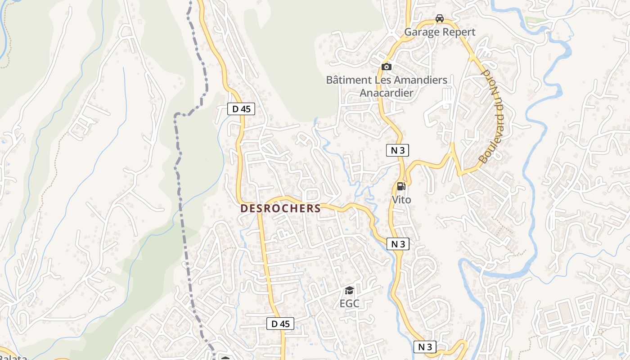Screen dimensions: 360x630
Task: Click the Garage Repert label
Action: pos(440,32)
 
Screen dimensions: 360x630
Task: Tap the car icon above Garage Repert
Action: pos(440,18)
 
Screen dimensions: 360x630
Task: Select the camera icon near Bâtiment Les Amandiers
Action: pos(386,67)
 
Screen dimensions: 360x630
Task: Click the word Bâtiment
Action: pos(349,80)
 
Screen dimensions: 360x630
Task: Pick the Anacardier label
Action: pos(386,93)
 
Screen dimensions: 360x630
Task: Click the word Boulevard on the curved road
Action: pos(492,138)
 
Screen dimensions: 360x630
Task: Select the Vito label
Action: pos(401,199)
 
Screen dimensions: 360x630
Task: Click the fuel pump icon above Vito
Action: pos(401,186)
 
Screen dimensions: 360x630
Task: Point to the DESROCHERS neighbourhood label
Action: pos(280,209)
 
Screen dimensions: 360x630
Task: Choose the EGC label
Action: pos(349,304)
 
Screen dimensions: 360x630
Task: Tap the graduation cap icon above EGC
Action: pos(349,290)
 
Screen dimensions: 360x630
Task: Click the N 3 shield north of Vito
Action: pos(397,150)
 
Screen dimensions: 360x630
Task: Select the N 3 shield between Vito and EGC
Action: pos(398,244)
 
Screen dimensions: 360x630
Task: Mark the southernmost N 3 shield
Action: pos(425,347)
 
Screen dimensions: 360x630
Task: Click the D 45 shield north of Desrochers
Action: pos(241,109)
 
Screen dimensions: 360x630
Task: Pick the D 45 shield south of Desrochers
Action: pos(280,324)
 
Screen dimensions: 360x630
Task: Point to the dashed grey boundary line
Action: pos(179,180)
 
